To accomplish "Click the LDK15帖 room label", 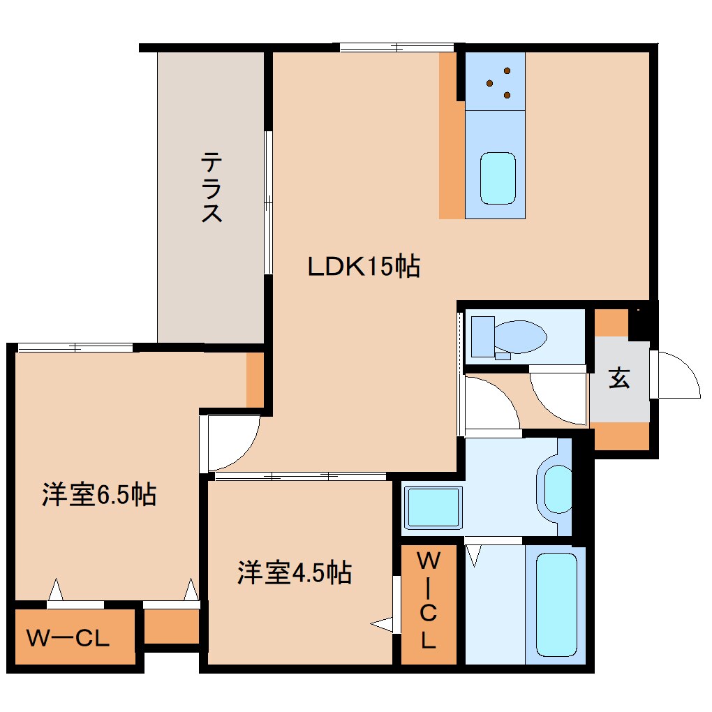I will tap(364, 266).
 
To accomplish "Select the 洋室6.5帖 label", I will tap(98, 495).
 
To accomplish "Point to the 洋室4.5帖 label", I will tap(294, 572).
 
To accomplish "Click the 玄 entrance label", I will tap(620, 379).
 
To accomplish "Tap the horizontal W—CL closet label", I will tap(68, 638).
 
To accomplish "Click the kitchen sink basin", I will tap(498, 178).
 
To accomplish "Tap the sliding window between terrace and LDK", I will tap(267, 202).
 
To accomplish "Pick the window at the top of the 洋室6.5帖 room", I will tap(75, 347).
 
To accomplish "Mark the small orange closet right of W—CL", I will tap(171, 626).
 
